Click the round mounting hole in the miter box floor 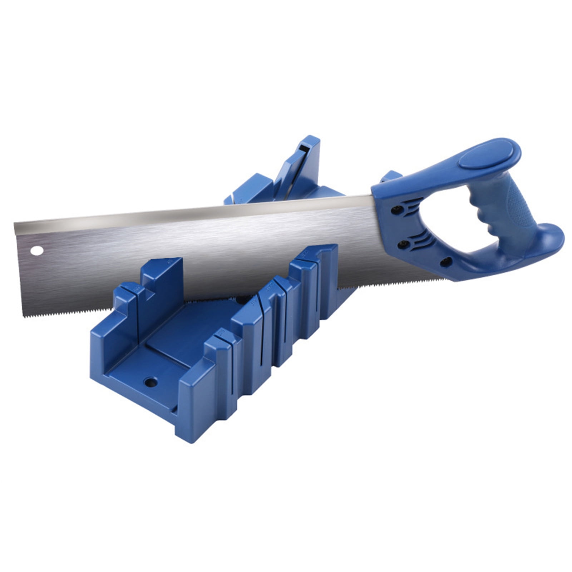click(x=151, y=383)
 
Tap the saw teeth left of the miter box click(x=57, y=311)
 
